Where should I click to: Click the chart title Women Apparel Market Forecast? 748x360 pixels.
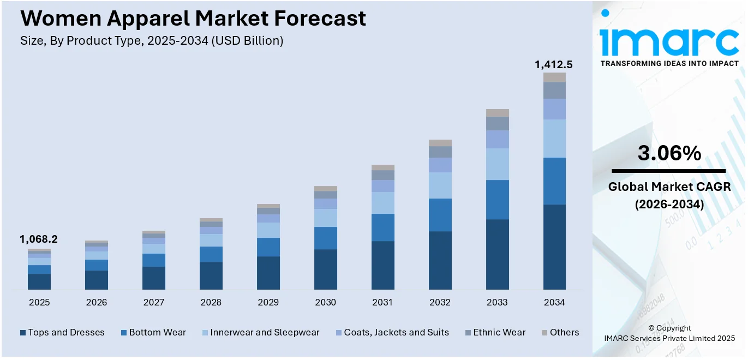point(193,19)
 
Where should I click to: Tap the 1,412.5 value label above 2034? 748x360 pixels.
point(554,65)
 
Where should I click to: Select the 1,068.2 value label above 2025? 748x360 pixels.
point(39,239)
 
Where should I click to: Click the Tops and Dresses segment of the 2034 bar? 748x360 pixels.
point(554,247)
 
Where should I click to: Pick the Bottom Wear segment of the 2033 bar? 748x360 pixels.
point(497,200)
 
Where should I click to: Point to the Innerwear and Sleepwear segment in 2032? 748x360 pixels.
point(440,185)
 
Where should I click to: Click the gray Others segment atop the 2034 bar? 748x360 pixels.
point(554,77)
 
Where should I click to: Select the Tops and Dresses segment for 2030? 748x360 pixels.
point(325,269)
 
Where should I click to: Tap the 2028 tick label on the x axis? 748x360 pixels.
point(211,302)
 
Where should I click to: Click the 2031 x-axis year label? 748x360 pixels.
point(382,302)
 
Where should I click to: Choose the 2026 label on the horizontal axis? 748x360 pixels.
point(96,302)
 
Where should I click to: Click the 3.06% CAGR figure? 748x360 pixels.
point(669,154)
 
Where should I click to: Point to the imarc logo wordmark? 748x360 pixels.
point(669,39)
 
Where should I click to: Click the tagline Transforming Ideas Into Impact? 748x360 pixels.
point(669,64)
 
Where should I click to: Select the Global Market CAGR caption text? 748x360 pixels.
point(669,187)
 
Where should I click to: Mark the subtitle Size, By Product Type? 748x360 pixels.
point(152,40)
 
